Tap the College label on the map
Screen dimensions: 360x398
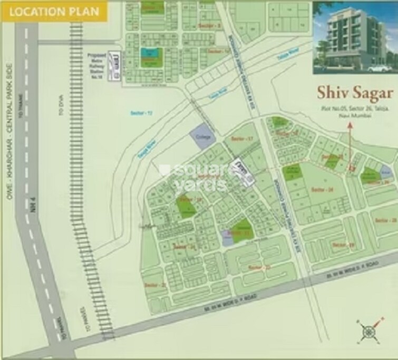coord(204,137)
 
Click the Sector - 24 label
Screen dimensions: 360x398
coord(321,189)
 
